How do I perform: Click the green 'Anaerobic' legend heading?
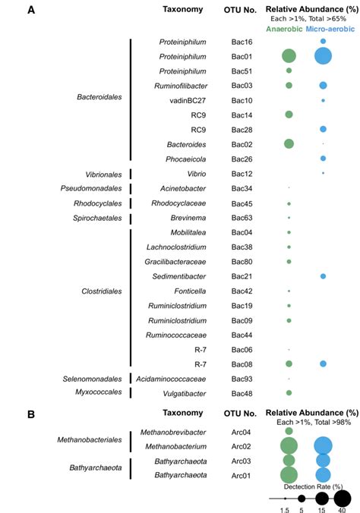click(x=284, y=29)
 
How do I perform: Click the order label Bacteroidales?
click(x=99, y=97)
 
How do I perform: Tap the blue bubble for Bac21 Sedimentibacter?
click(x=323, y=276)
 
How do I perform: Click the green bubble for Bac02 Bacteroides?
click(x=289, y=143)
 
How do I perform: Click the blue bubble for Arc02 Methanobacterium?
click(x=323, y=445)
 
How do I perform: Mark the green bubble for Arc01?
click(x=289, y=474)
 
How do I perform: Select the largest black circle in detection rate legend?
click(x=343, y=498)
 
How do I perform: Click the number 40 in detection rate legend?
click(x=343, y=511)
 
